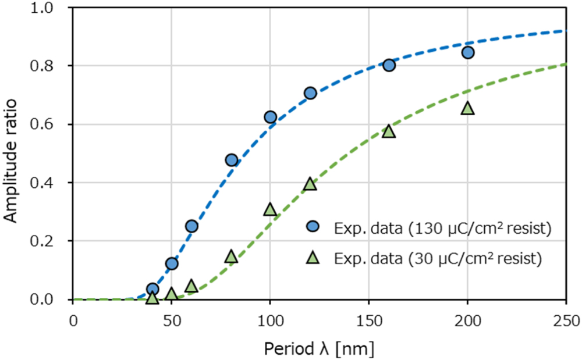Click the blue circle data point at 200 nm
tap(467, 53)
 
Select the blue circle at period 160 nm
tap(389, 65)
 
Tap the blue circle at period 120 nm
tap(310, 93)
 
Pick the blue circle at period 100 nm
tap(270, 117)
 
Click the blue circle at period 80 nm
tap(231, 160)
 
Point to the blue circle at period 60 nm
tap(191, 226)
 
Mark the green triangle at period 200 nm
tap(467, 108)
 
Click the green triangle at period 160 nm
tap(389, 131)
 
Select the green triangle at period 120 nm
tap(310, 184)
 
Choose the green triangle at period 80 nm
tap(231, 256)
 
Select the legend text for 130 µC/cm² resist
tap(442, 228)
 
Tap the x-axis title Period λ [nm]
tap(319, 348)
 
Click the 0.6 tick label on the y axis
tap(52, 124)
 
